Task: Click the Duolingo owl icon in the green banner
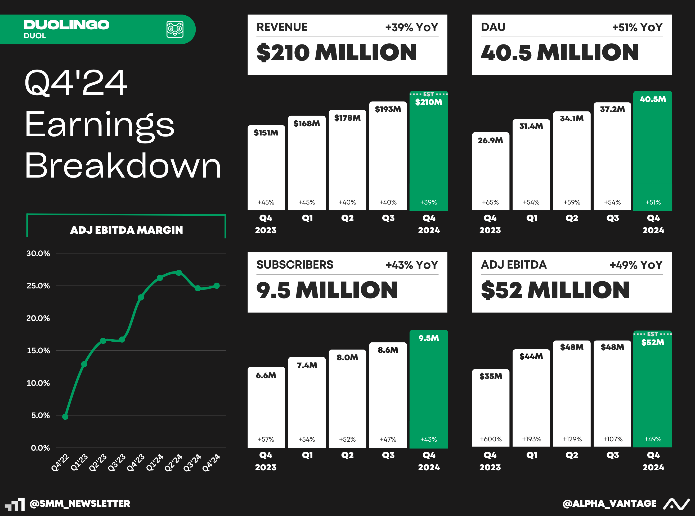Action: (x=175, y=29)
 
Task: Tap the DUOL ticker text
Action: (x=35, y=36)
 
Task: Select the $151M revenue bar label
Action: (x=266, y=133)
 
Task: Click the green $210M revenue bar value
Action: (x=428, y=102)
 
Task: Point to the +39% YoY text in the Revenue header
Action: (x=411, y=28)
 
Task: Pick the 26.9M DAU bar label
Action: (x=490, y=141)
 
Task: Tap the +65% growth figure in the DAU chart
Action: (x=490, y=202)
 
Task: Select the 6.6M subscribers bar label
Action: (x=266, y=375)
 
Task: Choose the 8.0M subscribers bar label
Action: (x=347, y=357)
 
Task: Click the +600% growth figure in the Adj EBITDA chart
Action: (x=491, y=439)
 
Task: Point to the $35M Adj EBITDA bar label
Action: (x=491, y=376)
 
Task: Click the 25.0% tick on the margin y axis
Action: (x=38, y=286)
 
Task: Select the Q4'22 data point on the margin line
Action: (x=65, y=417)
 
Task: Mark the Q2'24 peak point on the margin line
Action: (x=179, y=273)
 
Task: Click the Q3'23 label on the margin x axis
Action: (x=117, y=463)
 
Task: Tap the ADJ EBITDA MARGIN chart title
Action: (x=126, y=230)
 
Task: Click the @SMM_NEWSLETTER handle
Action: (x=80, y=504)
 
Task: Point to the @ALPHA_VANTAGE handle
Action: (x=609, y=504)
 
